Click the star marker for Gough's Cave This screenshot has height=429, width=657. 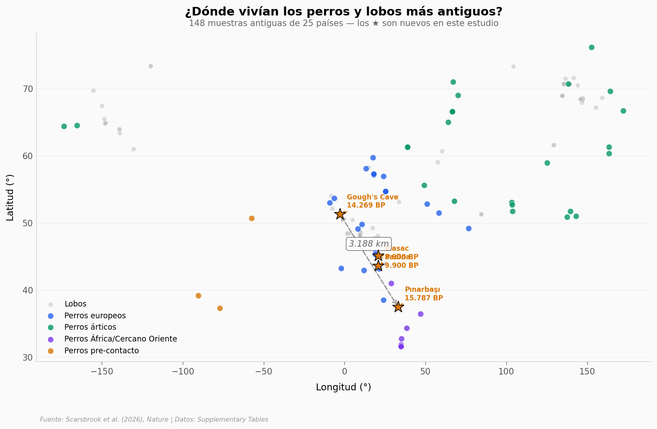[x=340, y=214]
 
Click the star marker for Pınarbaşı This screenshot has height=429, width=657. [x=398, y=307]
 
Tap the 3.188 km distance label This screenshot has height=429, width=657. [x=369, y=244]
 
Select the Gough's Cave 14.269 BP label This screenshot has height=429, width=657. [x=372, y=201]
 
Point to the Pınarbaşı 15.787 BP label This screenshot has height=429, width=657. [x=423, y=294]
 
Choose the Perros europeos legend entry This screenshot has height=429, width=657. [x=95, y=316]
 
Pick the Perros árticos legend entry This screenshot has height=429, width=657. [x=90, y=327]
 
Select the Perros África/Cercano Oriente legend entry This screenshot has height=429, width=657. [x=120, y=339]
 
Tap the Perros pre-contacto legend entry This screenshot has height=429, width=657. [x=101, y=351]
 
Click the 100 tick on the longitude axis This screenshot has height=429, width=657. [x=506, y=371]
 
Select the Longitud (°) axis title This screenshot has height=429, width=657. [x=343, y=387]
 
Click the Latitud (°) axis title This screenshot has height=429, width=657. [x=10, y=197]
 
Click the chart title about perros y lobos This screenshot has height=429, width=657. [x=344, y=12]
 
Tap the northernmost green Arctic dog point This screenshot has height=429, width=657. [x=591, y=47]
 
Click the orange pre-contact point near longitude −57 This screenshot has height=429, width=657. [x=252, y=218]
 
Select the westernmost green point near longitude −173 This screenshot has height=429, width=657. [x=64, y=126]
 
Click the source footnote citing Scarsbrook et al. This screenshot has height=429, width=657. [x=154, y=420]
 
